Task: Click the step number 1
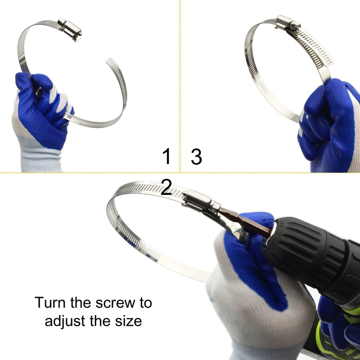coord(167,157)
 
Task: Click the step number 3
coord(196,157)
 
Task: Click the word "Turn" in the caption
coord(50,302)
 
